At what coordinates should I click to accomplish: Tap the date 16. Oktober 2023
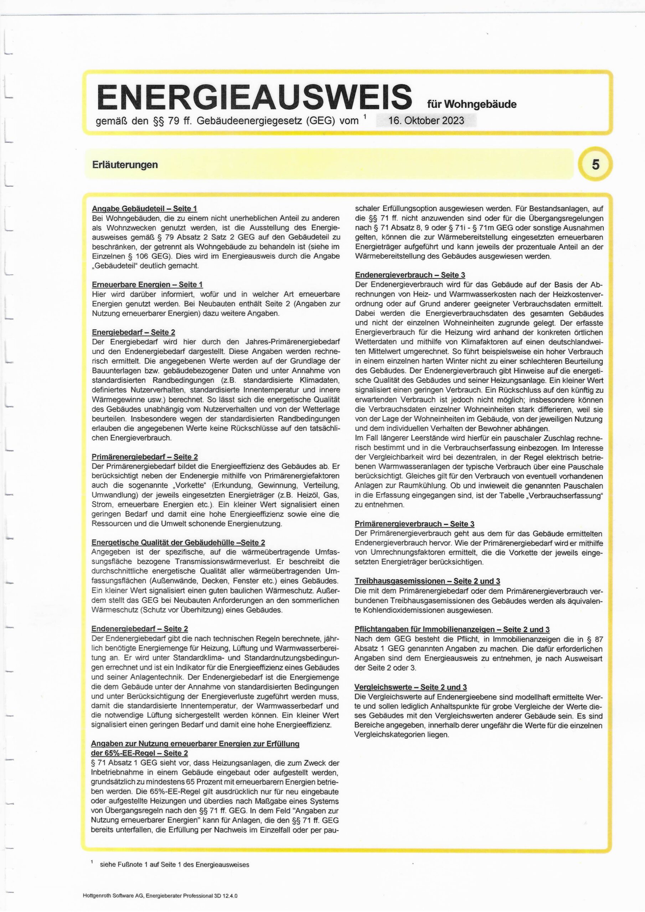426,120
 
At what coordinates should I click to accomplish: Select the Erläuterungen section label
125,165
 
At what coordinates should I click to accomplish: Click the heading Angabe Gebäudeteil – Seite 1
144,208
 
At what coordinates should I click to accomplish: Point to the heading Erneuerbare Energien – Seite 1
147,284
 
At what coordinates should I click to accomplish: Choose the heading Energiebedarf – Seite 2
133,332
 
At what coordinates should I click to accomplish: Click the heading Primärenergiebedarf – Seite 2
145,457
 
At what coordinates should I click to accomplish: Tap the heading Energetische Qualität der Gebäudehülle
178,543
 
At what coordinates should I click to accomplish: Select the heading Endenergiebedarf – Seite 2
139,629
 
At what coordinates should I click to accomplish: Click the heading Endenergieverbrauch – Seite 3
410,275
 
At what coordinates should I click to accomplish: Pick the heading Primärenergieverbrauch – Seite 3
414,524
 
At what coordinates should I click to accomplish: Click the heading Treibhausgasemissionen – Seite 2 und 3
427,581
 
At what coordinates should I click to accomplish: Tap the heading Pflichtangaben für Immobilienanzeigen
452,629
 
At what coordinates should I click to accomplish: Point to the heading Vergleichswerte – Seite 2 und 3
411,687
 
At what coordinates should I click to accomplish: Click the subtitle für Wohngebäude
472,104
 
